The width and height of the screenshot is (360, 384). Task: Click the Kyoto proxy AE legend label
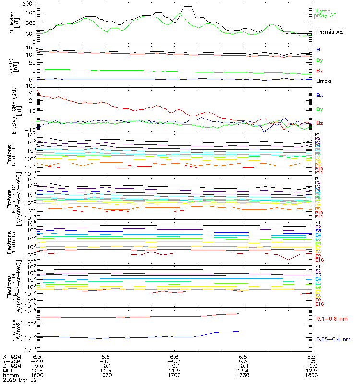[x=326, y=13]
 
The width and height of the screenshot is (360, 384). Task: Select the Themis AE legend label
[x=329, y=32]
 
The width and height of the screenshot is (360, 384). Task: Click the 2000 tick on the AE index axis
[x=28, y=3]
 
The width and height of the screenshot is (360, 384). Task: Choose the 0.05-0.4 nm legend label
[x=333, y=339]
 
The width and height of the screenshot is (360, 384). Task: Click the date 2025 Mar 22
[x=20, y=380]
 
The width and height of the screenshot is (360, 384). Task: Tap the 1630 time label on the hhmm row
[x=106, y=375]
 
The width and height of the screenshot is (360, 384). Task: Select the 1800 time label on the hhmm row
[x=311, y=375]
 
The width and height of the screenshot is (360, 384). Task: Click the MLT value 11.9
[x=174, y=370]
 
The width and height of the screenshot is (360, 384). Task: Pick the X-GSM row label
[x=12, y=357]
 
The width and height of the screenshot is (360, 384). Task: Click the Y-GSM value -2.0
[x=37, y=361]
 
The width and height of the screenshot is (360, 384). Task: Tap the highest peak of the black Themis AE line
[x=188, y=7]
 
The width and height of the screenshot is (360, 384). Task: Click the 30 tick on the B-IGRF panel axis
[x=32, y=92]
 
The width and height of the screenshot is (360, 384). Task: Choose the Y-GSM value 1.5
[x=311, y=361]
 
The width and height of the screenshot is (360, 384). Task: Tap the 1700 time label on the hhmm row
[x=174, y=375]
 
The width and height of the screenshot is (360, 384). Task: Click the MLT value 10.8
[x=37, y=370]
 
